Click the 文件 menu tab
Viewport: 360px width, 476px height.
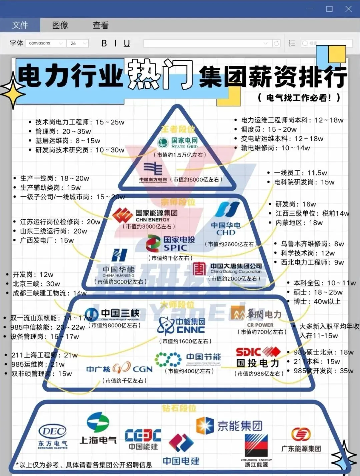pos(20,25)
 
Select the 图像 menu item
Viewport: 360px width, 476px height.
pos(60,25)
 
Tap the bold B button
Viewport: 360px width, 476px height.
pos(104,43)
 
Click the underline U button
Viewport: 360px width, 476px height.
pos(127,43)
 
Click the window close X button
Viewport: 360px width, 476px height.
pos(348,9)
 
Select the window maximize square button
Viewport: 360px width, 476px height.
pos(329,9)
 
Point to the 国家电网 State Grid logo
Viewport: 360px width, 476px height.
pos(178,143)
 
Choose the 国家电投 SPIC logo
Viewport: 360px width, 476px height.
pos(170,244)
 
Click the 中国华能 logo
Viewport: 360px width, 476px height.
pos(119,263)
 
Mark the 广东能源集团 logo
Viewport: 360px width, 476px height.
pos(301,440)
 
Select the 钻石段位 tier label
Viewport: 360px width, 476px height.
pos(179,408)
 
